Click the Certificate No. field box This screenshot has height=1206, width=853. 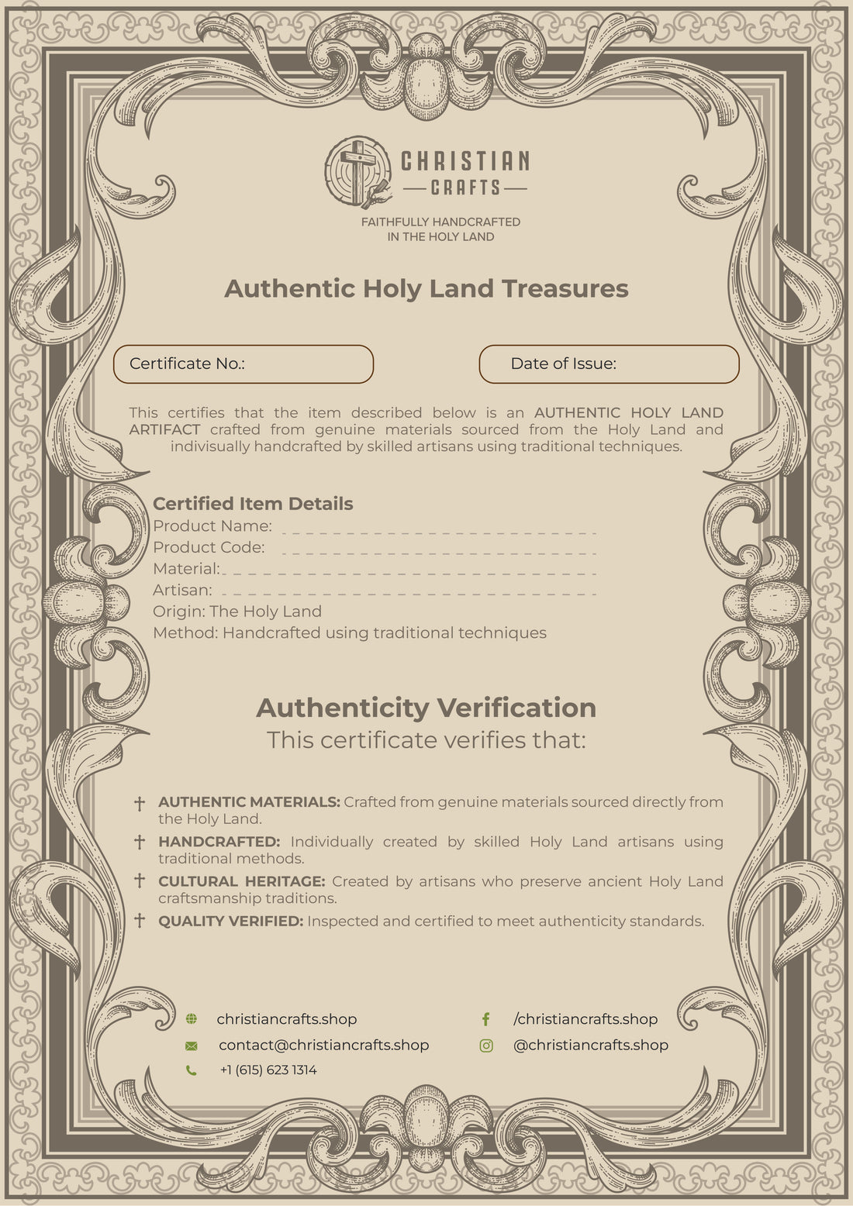coord(243,364)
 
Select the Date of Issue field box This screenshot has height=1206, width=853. coord(609,364)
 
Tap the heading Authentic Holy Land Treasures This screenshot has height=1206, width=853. coord(426,288)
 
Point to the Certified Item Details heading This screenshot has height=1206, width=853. coord(253,504)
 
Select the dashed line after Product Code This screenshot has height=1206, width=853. coord(439,553)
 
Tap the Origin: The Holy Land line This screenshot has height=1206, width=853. coord(237,612)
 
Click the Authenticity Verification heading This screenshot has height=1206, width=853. coord(426,708)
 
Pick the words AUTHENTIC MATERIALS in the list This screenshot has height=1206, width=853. coord(249,802)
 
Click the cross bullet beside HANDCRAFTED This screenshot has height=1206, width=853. coord(140,842)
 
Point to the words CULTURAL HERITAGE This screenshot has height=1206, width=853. coord(241,881)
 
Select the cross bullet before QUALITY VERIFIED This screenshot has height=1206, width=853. coord(140,921)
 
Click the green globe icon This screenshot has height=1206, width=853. coord(192,1019)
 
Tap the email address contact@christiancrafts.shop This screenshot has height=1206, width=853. coord(323,1045)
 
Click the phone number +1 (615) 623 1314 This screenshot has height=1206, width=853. coord(268,1070)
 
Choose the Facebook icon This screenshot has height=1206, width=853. coord(486,1019)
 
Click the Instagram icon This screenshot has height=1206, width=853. coord(486,1046)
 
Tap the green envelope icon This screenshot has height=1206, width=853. coord(192,1046)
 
